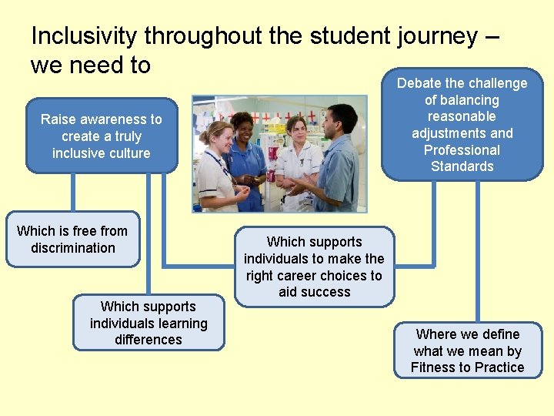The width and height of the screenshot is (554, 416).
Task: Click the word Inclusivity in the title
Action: pos(85,35)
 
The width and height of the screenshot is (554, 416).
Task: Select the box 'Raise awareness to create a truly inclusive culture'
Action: pos(102,136)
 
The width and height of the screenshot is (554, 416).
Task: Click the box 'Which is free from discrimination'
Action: pos(73,239)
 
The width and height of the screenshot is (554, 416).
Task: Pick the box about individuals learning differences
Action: pos(149,323)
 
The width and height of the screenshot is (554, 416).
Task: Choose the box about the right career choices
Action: pos(314,267)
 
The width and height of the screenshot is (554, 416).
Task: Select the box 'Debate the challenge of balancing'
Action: pos(462,125)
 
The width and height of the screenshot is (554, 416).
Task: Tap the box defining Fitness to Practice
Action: pos(468,351)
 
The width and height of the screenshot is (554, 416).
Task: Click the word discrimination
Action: pos(73,248)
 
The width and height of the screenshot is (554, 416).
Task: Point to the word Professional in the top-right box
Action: pos(462,150)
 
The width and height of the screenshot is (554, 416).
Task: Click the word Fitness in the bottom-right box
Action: pos(432,367)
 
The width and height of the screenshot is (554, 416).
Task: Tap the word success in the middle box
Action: pos(314,292)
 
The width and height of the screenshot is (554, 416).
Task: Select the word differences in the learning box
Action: pos(149,340)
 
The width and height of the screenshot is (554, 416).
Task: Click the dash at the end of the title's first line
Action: pos(493,37)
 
